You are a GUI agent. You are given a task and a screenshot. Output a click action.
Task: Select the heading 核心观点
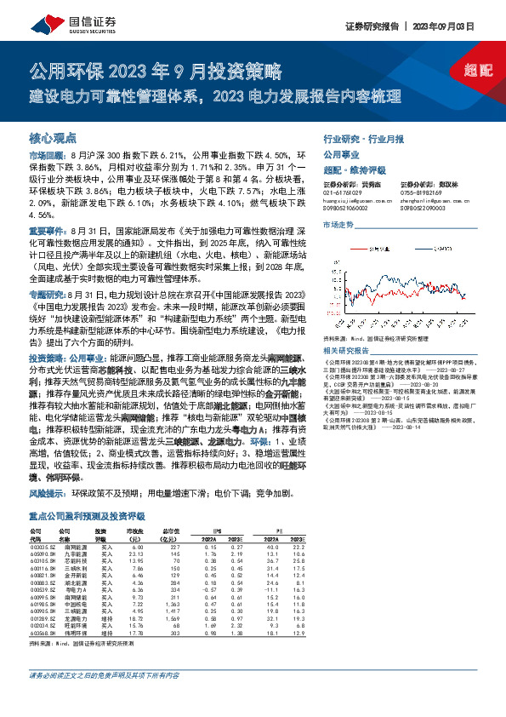54,137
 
